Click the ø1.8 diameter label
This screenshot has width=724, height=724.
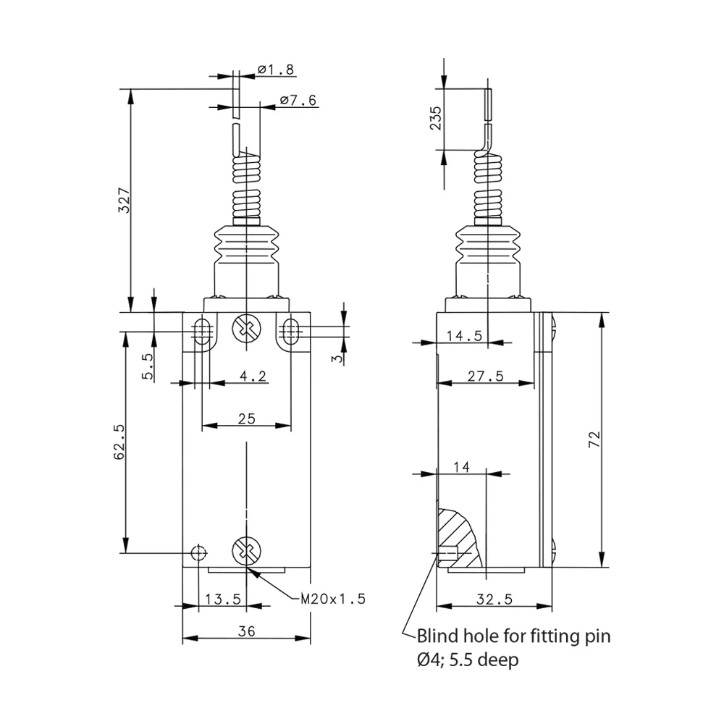click(x=276, y=70)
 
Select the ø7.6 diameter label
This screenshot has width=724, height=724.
click(x=298, y=100)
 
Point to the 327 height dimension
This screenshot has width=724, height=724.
click(x=124, y=200)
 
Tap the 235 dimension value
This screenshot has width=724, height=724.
click(x=435, y=118)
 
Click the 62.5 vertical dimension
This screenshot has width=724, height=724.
click(x=119, y=442)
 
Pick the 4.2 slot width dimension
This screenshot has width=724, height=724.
click(x=253, y=376)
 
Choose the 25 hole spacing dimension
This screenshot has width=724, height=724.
click(x=247, y=418)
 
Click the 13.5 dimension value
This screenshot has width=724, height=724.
click(x=223, y=599)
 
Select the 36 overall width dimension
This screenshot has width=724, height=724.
click(x=247, y=631)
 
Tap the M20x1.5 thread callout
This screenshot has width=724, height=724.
click(x=333, y=599)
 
